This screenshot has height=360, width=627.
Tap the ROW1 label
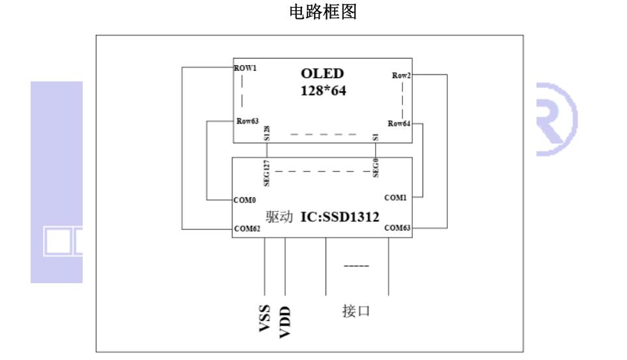tap(245, 68)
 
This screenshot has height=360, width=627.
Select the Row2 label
tap(402, 76)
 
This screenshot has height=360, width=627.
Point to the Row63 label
tap(247, 121)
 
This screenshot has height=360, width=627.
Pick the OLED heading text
tap(322, 75)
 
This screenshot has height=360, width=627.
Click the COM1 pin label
tap(395, 197)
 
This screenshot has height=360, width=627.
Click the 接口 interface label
tap(356, 311)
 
